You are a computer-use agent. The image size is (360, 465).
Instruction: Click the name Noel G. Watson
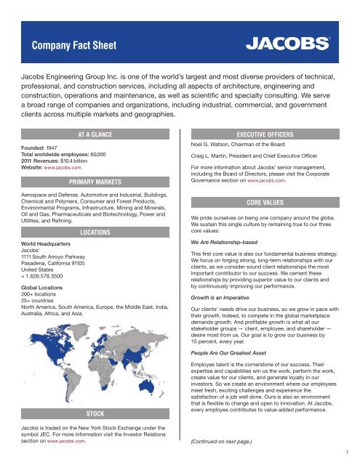coord(212,145)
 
